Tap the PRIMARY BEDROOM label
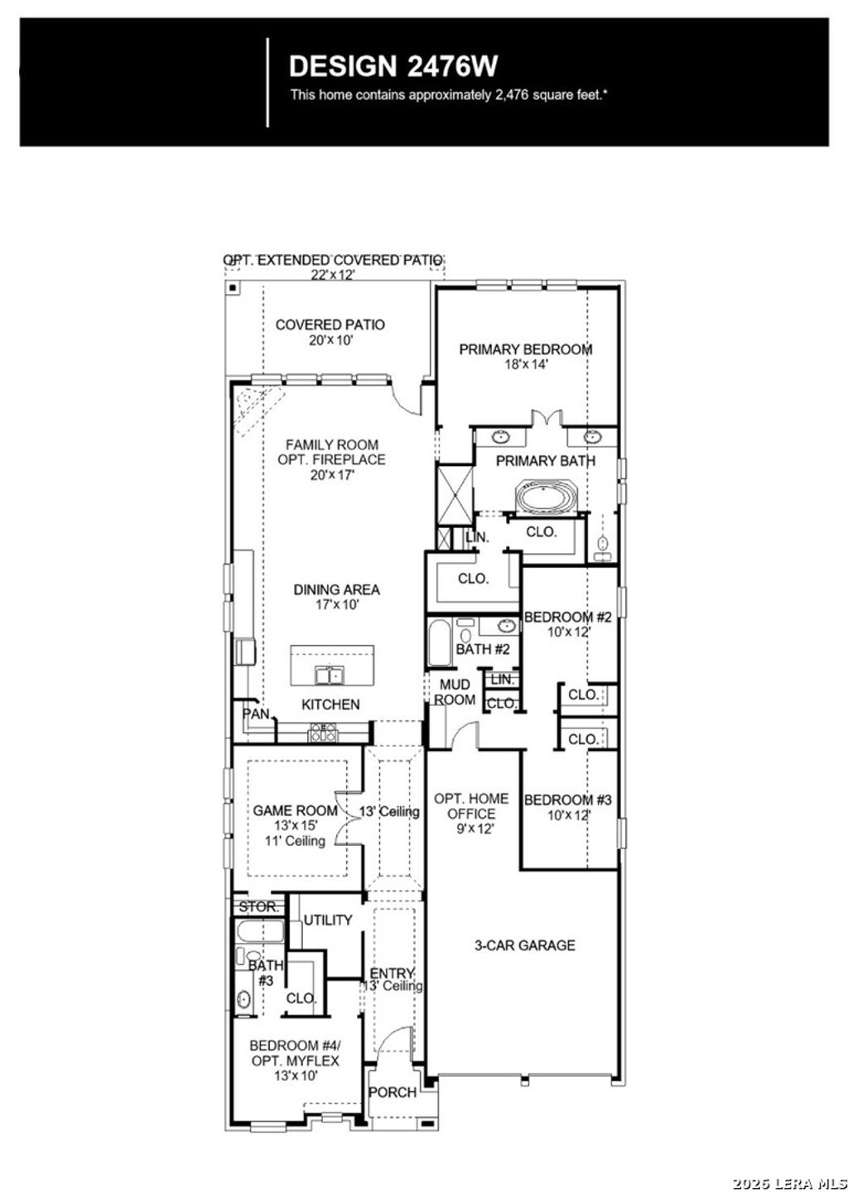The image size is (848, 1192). click(526, 349)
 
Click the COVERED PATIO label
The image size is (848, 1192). click(330, 324)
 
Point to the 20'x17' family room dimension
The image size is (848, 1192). click(331, 475)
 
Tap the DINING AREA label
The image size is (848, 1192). click(337, 589)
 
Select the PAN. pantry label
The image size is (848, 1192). click(255, 714)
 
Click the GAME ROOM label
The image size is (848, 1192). click(296, 810)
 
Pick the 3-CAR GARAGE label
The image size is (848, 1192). click(524, 945)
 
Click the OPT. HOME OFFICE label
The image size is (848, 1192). click(472, 806)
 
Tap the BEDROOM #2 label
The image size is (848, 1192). click(567, 618)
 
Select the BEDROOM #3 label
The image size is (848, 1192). click(567, 800)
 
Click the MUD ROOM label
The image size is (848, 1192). click(455, 692)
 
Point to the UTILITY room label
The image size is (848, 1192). click(328, 920)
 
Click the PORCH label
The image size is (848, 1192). click(393, 1092)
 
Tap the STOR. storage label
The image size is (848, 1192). click(259, 907)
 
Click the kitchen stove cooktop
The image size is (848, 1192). click(322, 732)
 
